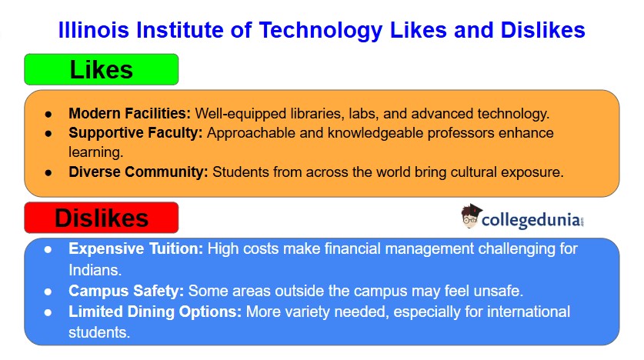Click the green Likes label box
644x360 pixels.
click(102, 69)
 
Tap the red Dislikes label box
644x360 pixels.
click(102, 218)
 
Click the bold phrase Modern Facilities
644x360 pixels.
click(128, 113)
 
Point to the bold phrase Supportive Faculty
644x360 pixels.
click(135, 133)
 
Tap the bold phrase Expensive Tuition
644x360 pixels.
click(135, 249)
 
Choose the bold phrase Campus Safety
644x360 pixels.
click(126, 292)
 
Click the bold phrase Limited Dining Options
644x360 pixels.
click(154, 312)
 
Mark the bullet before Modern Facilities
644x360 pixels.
click(48, 114)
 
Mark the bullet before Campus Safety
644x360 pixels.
click(48, 292)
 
